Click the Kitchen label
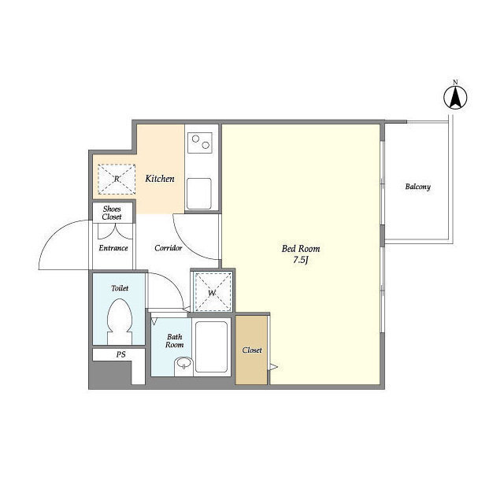tap(160, 179)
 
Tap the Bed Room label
tap(301, 249)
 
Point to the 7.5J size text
tap(301, 260)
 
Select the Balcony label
tap(417, 187)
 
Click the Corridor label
tap(168, 248)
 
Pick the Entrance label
tap(113, 248)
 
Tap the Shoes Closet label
tap(112, 213)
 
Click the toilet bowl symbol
tap(120, 321)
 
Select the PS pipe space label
tap(120, 354)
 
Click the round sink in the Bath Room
tap(183, 365)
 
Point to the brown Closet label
tap(252, 350)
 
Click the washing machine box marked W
tap(213, 292)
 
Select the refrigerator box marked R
tap(117, 179)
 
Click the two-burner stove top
tap(200, 143)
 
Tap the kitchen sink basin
tap(199, 194)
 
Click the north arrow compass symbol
tap(455, 98)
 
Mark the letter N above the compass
tap(455, 82)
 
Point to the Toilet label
tap(120, 288)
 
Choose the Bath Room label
tap(175, 341)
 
